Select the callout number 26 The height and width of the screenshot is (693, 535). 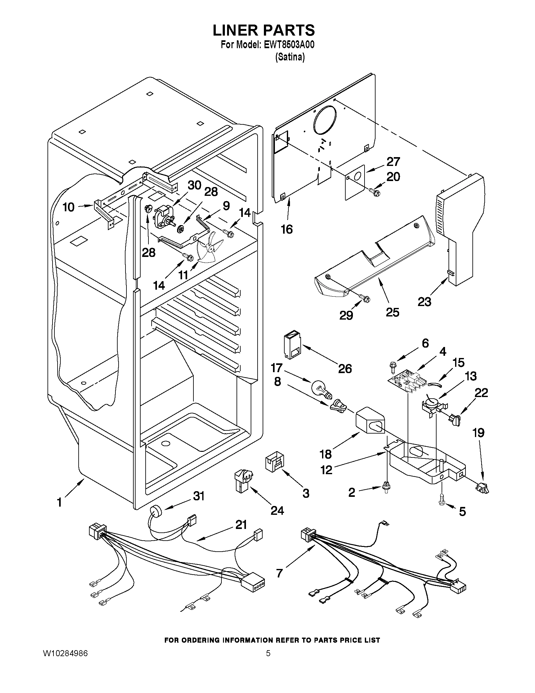(x=345, y=369)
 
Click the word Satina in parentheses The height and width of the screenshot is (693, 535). (x=290, y=57)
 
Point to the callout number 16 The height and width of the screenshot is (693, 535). (x=287, y=229)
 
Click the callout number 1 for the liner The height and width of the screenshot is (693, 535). (x=59, y=503)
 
